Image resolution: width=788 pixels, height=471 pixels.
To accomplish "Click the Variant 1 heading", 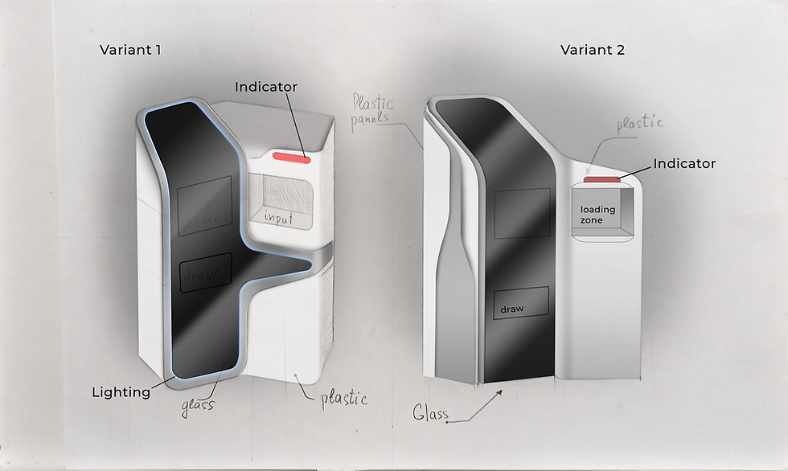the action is (x=130, y=50).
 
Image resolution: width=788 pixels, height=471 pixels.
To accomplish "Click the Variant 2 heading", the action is (x=593, y=50).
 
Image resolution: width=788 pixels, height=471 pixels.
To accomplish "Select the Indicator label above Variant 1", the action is (x=265, y=87).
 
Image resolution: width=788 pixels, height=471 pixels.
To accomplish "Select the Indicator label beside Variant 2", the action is (x=683, y=163).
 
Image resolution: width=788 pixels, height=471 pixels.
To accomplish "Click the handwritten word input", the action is (x=279, y=217).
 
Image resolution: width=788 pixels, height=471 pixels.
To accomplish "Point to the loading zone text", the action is (x=597, y=215).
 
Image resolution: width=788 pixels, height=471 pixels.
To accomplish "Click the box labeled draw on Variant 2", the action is (x=520, y=302).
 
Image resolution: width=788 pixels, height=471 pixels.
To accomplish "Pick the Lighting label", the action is (x=121, y=392).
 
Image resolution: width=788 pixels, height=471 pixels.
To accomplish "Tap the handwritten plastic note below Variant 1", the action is (x=344, y=398).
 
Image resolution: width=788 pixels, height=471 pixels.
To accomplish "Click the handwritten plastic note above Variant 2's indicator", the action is (x=639, y=125).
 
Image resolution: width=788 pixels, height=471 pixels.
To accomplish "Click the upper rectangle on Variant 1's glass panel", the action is (x=204, y=203).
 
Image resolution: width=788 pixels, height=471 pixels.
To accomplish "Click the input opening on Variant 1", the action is (x=281, y=199).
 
